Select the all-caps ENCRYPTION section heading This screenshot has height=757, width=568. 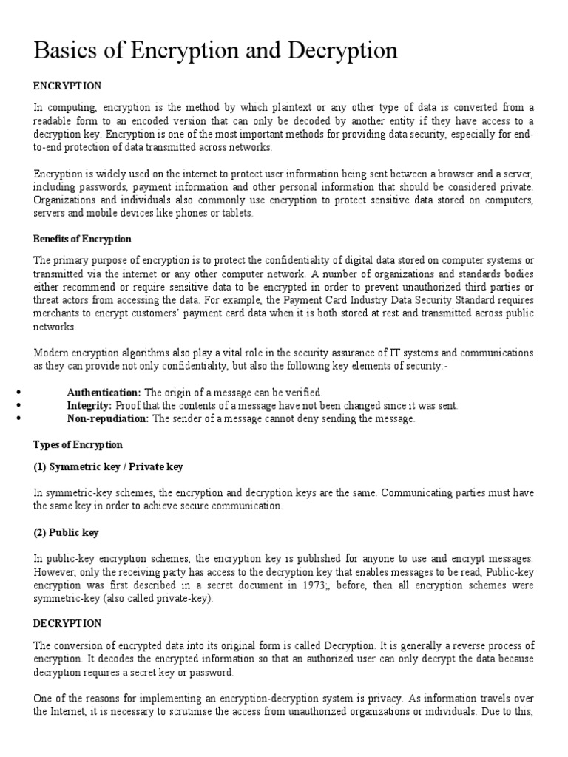coord(67,86)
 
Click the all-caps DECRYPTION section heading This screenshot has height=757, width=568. coord(67,624)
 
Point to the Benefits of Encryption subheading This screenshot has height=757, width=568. coord(83,239)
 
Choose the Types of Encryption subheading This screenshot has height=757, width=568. coord(78,445)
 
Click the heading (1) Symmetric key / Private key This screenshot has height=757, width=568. coord(109,467)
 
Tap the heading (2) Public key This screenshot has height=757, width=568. coord(67,532)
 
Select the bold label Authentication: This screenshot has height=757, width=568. coord(104,392)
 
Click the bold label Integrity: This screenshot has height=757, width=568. coord(89,405)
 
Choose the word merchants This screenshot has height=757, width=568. coord(56,313)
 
